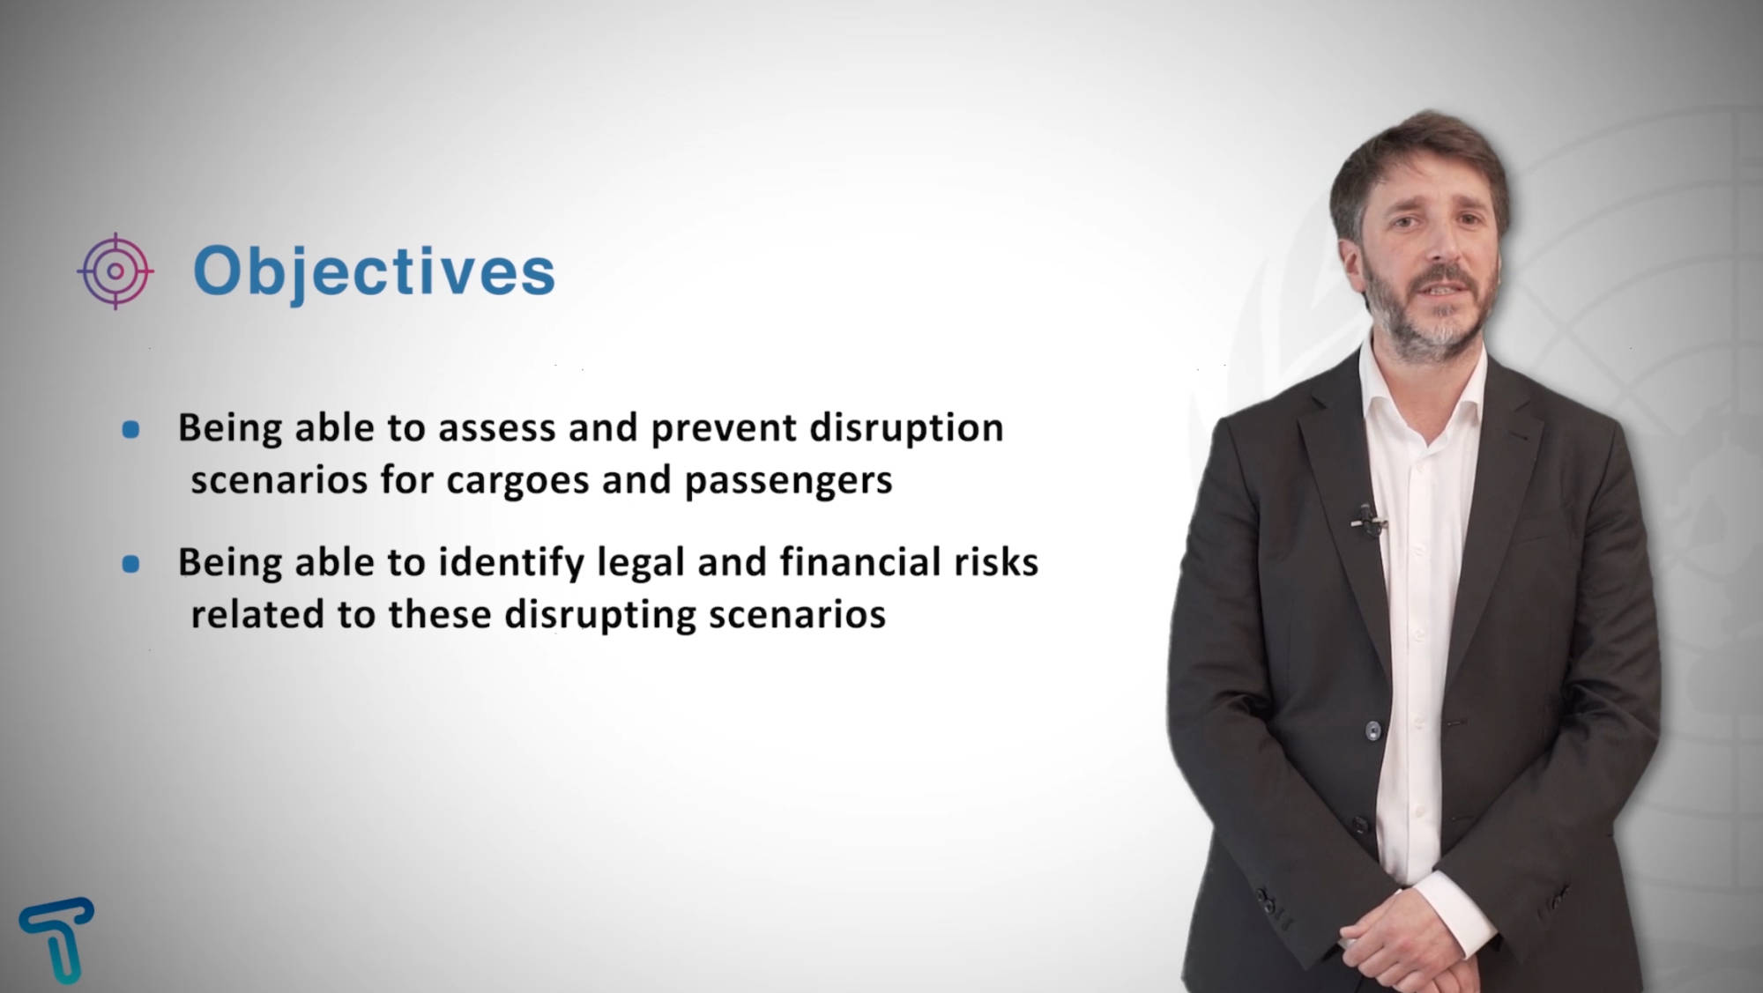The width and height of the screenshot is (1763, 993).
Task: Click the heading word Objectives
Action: coord(374,272)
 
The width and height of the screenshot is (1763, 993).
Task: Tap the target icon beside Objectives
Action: coord(115,271)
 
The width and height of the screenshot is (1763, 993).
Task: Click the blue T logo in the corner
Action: coord(57,940)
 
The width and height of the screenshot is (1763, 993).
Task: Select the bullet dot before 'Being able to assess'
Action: coord(130,430)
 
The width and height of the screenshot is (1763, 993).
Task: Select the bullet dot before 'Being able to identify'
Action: coord(130,564)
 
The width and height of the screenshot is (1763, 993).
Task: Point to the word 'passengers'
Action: coord(789,481)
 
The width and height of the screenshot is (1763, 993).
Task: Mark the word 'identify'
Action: coord(511,563)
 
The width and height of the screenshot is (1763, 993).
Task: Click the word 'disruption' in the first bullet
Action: coord(906,429)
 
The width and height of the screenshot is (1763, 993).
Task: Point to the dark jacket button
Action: coord(1372,730)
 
